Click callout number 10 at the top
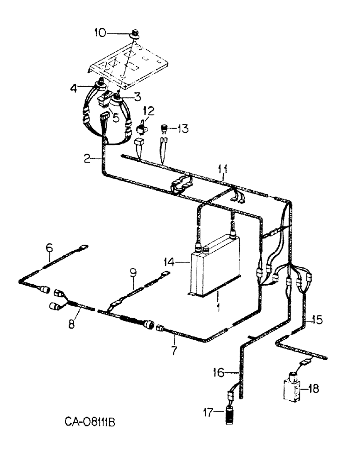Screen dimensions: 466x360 pyautogui.click(x=100, y=33)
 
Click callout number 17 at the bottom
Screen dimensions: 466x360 pyautogui.click(x=208, y=411)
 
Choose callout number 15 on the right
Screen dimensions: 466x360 pyautogui.click(x=317, y=320)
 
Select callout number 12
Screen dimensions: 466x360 pyautogui.click(x=148, y=111)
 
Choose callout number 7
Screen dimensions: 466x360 pyautogui.click(x=174, y=351)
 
